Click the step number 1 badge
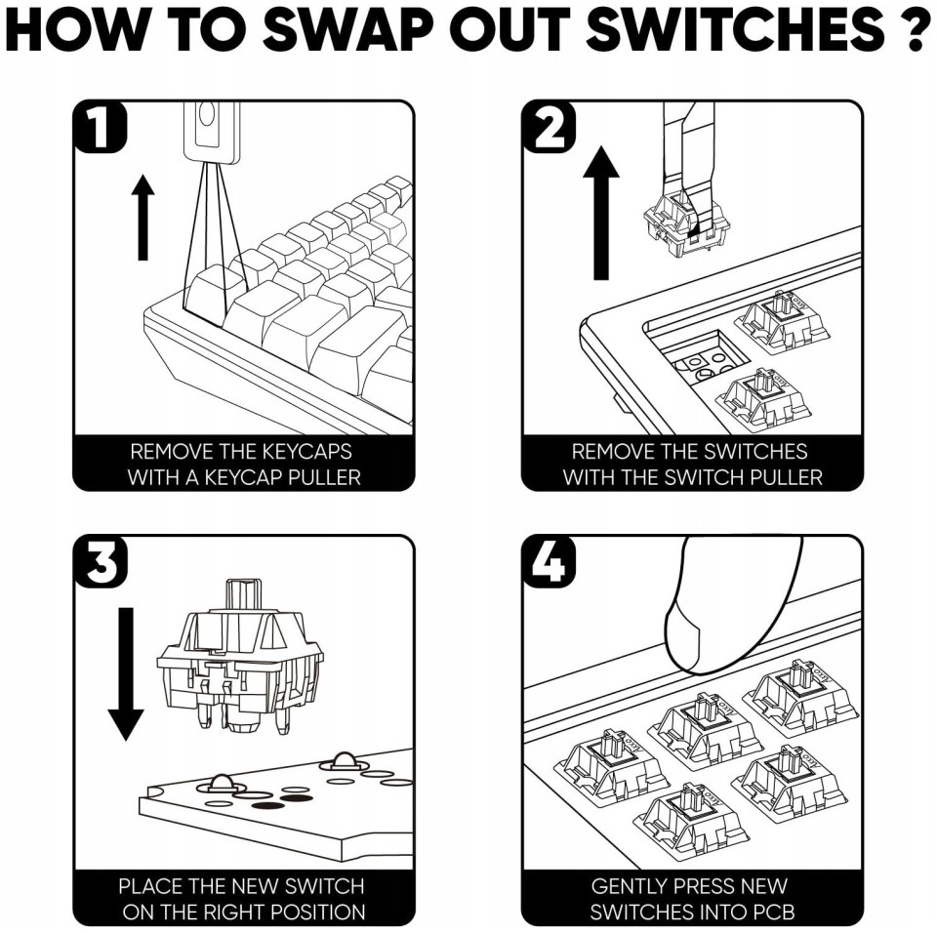point(100,127)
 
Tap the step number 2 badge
point(550,127)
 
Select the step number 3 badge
point(100,562)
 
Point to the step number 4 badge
point(550,562)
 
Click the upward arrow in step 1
point(143,218)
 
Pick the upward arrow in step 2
point(601,213)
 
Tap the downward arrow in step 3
point(126,673)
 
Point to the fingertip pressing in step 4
point(682,639)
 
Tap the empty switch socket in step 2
point(709,357)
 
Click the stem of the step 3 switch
point(243,596)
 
